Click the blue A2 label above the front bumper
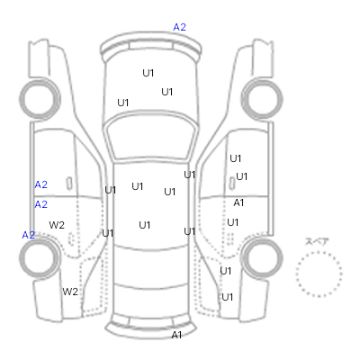180,27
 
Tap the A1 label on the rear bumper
176,335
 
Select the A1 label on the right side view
238,202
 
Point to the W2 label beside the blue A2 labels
57,225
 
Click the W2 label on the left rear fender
70,292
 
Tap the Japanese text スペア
317,241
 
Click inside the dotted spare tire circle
319,274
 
